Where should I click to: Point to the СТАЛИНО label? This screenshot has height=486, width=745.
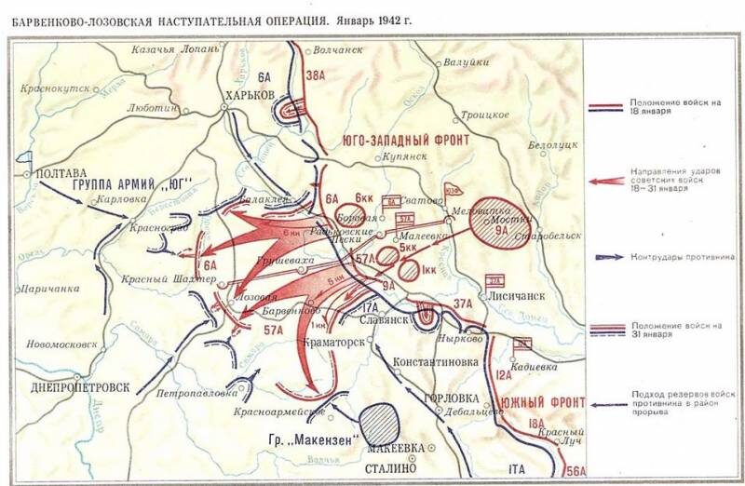point(397,471)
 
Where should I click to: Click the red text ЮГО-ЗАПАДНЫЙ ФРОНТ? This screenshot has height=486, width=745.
point(405,140)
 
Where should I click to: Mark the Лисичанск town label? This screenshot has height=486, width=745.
point(505,300)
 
